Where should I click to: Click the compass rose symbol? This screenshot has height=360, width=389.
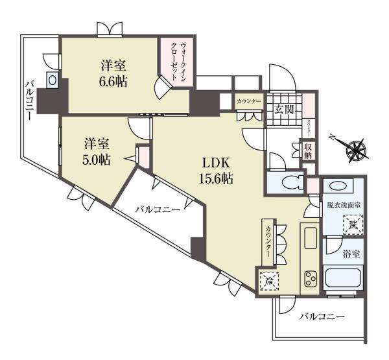click(356, 150)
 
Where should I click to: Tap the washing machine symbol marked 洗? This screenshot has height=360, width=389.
click(353, 225)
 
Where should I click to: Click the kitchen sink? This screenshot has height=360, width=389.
click(309, 236)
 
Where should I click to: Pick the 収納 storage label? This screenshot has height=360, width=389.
click(309, 151)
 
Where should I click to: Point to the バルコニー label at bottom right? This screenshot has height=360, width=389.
click(322, 318)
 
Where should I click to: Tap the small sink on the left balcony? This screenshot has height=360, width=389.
click(52, 80)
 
